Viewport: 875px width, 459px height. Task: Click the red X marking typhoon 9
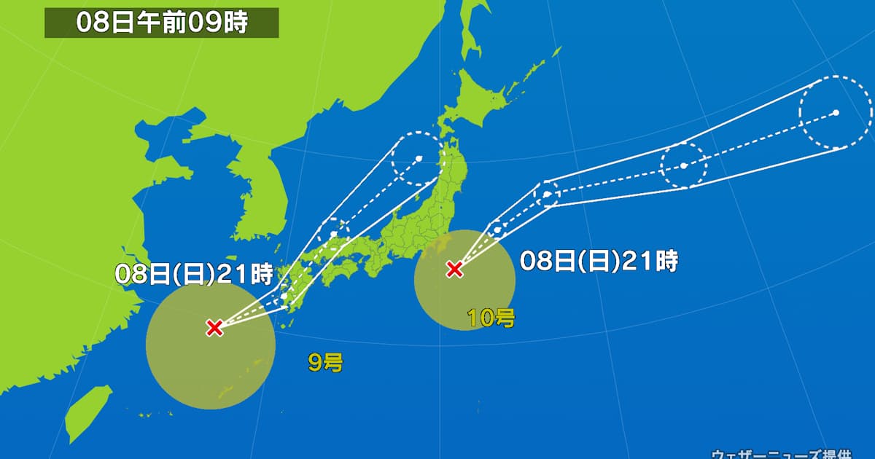click(x=214, y=327)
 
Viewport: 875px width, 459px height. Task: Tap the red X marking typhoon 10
click(x=454, y=270)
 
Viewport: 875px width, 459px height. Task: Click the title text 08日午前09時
click(x=162, y=23)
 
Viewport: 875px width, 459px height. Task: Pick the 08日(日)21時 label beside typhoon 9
click(x=194, y=274)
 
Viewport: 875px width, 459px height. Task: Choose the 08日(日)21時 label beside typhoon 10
click(x=599, y=260)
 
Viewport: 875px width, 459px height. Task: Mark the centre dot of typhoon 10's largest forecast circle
click(x=836, y=112)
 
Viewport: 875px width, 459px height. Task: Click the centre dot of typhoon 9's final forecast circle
click(x=418, y=158)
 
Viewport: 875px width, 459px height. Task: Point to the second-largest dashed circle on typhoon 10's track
click(x=684, y=166)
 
